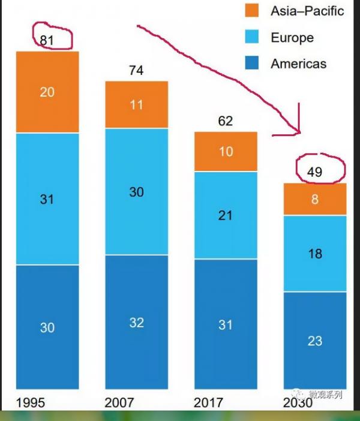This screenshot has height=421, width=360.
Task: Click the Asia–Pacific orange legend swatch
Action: coord(251,10)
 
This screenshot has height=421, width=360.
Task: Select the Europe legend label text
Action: coord(292,37)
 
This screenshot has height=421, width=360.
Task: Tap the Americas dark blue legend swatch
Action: coord(251,64)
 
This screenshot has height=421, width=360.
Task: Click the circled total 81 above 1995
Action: coord(47,40)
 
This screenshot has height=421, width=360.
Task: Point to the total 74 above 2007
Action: coord(136,70)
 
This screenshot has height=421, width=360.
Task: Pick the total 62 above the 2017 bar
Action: coord(226,121)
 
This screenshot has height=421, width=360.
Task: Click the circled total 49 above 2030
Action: coord(314,173)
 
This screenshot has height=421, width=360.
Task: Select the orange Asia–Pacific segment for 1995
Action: coord(47,92)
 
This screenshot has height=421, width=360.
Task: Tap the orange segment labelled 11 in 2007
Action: coord(136,104)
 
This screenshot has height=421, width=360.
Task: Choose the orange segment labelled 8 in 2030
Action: coord(315,199)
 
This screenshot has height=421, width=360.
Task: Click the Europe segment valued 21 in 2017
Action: coord(226,215)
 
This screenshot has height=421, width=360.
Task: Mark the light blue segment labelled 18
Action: coord(315,253)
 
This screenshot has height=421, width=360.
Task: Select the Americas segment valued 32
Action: coord(136,322)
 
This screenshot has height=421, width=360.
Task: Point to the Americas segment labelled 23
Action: coord(315,341)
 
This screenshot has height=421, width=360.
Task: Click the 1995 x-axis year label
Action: coord(31,402)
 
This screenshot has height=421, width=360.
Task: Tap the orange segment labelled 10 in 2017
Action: coord(226,152)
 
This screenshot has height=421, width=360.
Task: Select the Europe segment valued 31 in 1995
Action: coord(47,199)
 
